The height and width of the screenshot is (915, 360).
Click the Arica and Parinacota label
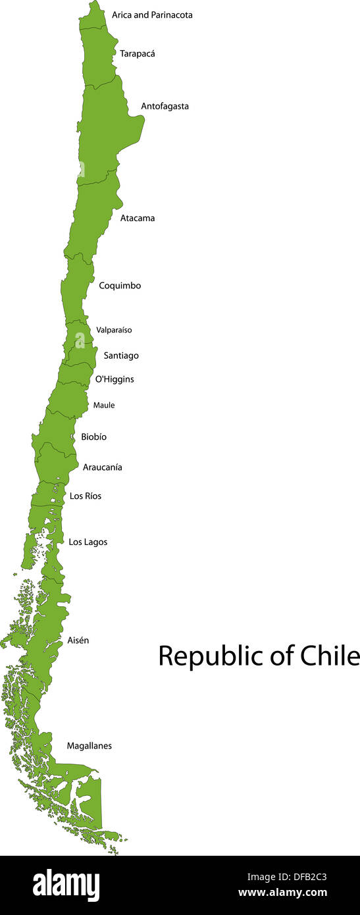152,14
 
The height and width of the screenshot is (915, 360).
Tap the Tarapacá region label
138,53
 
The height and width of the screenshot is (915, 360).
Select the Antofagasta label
165,106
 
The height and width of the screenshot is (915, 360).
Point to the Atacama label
138,218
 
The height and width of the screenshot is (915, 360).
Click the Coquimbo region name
120,286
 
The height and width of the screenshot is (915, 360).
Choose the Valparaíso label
114,330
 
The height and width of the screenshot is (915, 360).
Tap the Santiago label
121,355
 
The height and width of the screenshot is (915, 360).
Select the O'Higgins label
115,379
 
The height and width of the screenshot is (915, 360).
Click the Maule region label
104,405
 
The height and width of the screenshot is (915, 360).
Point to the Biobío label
93,436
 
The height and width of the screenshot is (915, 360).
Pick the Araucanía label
102,467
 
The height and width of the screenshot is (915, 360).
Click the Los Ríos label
86,496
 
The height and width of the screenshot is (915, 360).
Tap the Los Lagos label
88,542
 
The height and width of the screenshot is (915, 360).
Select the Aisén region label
78,640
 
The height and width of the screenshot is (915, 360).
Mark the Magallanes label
89,746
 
